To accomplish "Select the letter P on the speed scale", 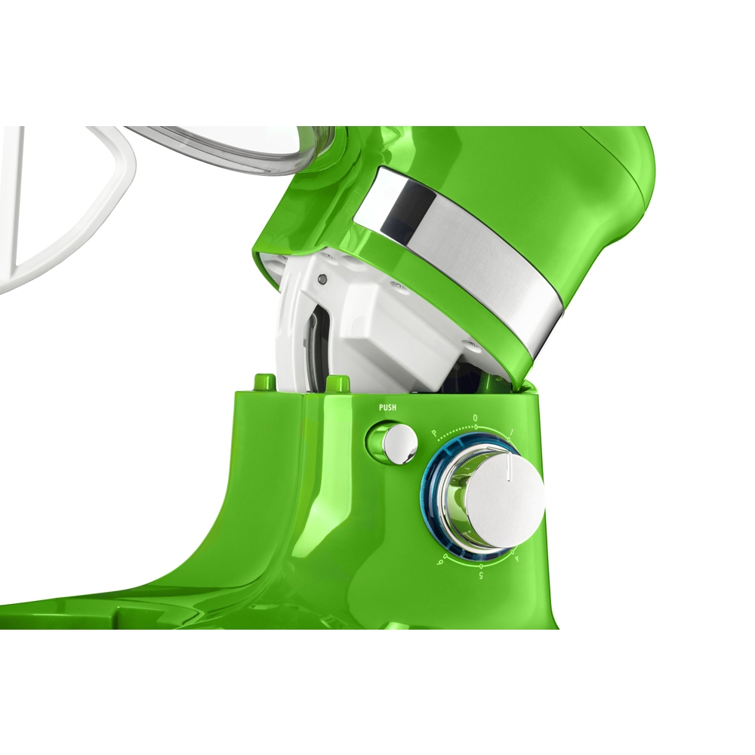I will click(x=434, y=433).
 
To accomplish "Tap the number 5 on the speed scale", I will click(x=482, y=575).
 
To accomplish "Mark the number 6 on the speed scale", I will click(x=447, y=558).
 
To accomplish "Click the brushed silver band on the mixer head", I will click(x=468, y=249).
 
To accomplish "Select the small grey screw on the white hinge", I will click(x=324, y=279).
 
